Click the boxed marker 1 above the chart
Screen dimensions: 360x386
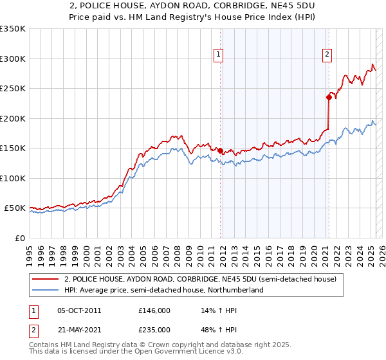(x=219, y=55)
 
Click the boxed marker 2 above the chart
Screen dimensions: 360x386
(x=327, y=55)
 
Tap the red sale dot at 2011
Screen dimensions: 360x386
(x=221, y=150)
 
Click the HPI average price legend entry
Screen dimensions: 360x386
(x=163, y=291)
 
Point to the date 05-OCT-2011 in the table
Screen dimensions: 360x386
(x=79, y=310)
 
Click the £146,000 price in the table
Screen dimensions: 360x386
(x=154, y=310)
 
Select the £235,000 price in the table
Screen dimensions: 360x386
(x=154, y=330)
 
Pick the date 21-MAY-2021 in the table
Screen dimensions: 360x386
(x=79, y=330)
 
